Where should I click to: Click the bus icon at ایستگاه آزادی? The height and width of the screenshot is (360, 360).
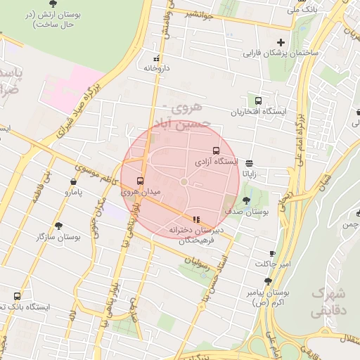pyautogui.click(x=215, y=150)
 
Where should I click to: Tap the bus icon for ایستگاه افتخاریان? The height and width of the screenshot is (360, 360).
pyautogui.click(x=258, y=101)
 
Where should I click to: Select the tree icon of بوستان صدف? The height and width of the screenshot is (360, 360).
pyautogui.click(x=245, y=200)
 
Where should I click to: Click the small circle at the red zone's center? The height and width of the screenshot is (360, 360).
pyautogui.click(x=184, y=182)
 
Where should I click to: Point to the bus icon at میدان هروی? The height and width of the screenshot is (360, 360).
pyautogui.click(x=139, y=181)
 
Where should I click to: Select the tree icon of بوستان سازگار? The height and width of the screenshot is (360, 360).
pyautogui.click(x=58, y=226)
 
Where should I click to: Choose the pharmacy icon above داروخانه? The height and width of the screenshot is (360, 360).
pyautogui.click(x=156, y=58)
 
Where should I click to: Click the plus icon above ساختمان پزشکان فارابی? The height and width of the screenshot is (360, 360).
pyautogui.click(x=282, y=42)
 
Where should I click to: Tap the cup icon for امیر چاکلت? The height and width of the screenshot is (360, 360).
pyautogui.click(x=272, y=253)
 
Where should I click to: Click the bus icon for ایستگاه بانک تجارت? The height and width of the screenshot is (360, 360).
pyautogui.click(x=18, y=296)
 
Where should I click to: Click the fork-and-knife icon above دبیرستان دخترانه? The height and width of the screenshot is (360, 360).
pyautogui.click(x=195, y=219)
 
